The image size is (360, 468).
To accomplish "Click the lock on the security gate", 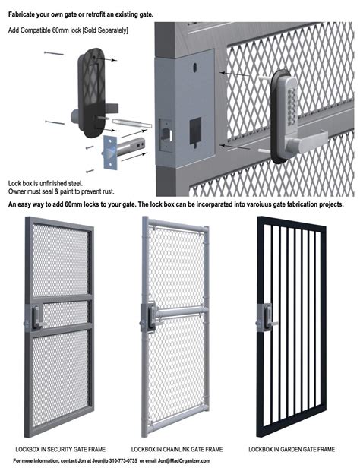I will (34, 318).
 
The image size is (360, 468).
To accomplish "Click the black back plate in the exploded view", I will (94, 87).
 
